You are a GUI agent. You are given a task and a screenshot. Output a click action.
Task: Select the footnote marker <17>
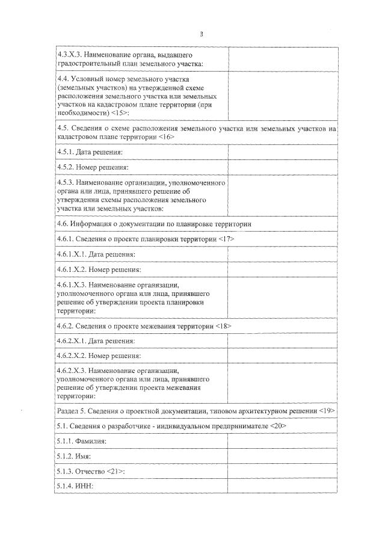[x=225, y=239]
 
